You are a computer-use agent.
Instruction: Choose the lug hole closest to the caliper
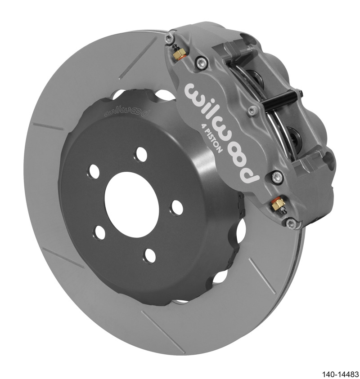click(177, 207)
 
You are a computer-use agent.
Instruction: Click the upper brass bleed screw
click(176, 54)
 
